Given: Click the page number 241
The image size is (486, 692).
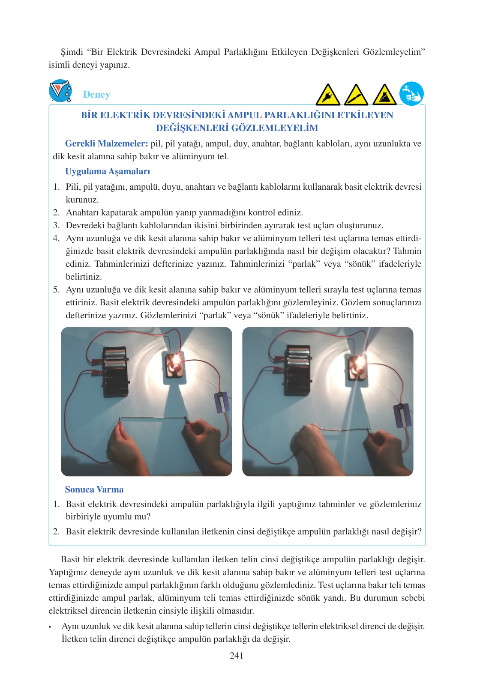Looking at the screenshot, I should (237, 655).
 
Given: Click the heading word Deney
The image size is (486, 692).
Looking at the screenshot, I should (96, 94).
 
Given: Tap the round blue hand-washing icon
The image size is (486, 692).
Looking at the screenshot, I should (411, 94).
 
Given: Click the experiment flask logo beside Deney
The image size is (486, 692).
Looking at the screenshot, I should (60, 91).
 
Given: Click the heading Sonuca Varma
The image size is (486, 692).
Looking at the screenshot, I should (94, 489).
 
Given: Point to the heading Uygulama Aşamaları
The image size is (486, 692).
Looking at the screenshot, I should (108, 171).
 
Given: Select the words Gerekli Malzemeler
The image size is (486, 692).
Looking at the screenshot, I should (106, 143).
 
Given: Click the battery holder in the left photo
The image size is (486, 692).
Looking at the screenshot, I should (115, 370).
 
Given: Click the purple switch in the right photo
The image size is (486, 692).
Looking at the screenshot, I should (402, 415).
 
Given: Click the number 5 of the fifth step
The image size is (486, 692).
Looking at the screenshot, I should (56, 289).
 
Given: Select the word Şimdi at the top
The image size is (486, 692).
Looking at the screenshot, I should (72, 52).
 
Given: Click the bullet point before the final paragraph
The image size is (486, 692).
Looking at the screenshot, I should (50, 627).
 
